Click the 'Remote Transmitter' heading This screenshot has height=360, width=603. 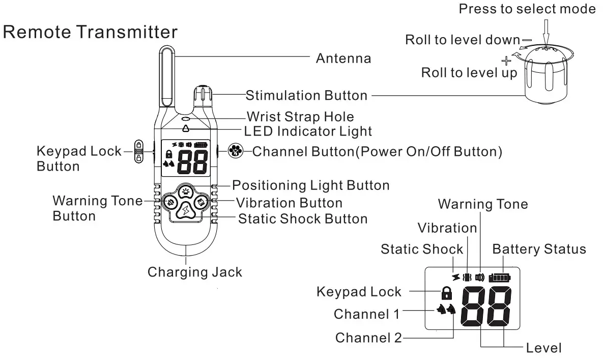coord(91,32)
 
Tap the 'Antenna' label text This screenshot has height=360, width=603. coord(343,58)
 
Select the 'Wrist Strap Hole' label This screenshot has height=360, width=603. coord(300,116)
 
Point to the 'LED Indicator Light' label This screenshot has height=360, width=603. coord(308,131)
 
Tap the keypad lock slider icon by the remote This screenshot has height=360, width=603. coord(138,151)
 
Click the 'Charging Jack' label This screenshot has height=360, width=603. coord(195,272)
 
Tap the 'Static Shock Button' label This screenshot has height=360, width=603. coord(303,219)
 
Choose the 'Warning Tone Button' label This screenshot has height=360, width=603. coord(98,208)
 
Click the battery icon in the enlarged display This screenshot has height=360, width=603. coord(499,278)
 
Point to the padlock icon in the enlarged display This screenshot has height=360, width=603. coord(446,292)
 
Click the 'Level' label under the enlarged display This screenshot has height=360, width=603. coord(544,348)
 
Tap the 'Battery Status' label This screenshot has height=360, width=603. coord(539,250)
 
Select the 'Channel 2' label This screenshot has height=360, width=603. coord(368,338)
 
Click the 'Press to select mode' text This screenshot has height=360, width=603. coord(527,9)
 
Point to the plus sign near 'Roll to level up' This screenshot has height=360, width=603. coord(506,61)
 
